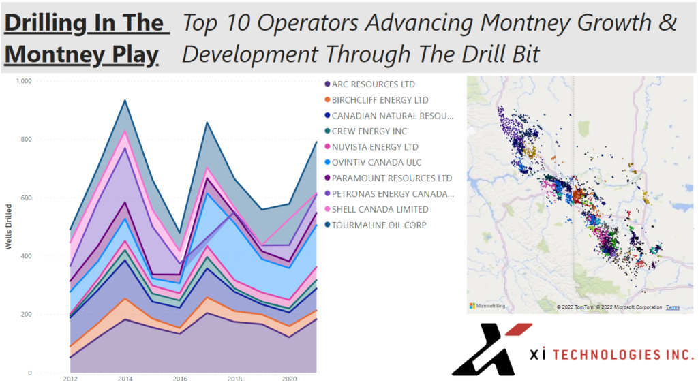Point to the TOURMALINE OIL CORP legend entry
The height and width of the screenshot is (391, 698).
pos(379,225)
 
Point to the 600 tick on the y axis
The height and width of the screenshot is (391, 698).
pos(25,198)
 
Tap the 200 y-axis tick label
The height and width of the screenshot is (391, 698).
pos(25,315)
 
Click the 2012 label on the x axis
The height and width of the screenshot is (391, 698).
pos(70,379)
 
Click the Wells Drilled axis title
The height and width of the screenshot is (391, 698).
pos(9,226)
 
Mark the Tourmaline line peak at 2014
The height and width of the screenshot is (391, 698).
pos(124,100)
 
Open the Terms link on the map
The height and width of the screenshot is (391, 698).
pos(672,307)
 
